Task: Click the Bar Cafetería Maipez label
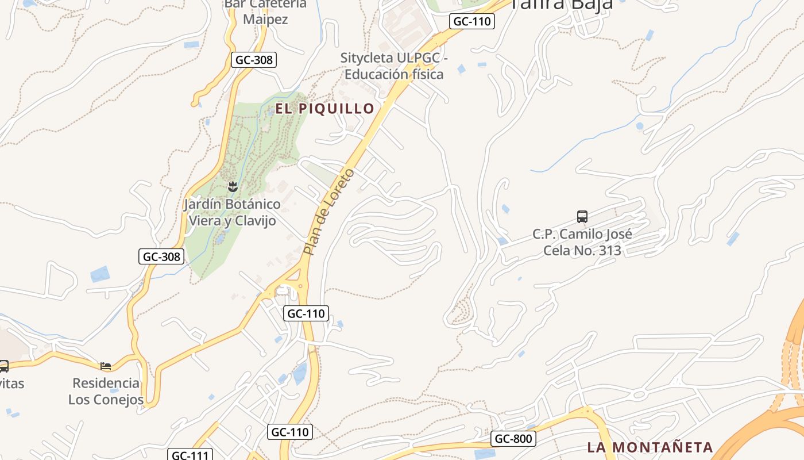point(265,11)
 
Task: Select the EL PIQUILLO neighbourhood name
point(324,108)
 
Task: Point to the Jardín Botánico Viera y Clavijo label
point(232,212)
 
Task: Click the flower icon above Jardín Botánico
point(233,186)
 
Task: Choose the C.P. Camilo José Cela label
point(582,242)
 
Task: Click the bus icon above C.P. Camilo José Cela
point(582,217)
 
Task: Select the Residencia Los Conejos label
point(106,391)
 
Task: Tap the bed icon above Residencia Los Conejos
point(106,366)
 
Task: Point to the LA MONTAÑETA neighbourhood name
point(650,447)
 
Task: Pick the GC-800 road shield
point(513,439)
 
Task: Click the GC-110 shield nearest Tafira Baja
point(471,21)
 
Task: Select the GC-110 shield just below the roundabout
point(306,313)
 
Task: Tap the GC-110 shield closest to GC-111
point(290,432)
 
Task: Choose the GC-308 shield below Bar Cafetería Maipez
point(254,59)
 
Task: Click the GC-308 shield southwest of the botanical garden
point(161,256)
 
